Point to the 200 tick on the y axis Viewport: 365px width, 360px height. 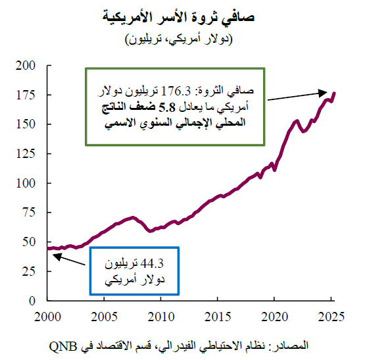tap(30, 65)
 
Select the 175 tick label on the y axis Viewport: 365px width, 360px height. tap(30, 95)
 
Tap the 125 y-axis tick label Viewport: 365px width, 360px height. tap(30, 153)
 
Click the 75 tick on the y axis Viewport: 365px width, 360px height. tap(33, 212)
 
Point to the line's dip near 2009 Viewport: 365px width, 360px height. tap(151, 231)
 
